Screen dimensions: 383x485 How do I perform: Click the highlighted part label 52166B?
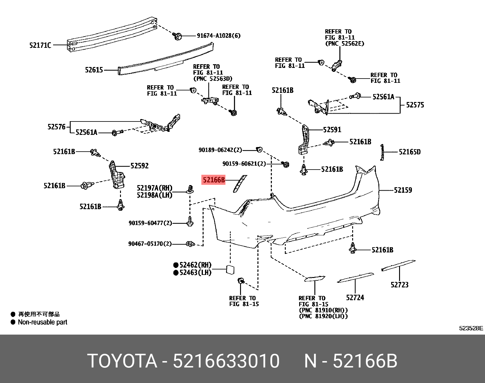(214, 180)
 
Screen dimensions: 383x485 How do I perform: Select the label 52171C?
(40, 45)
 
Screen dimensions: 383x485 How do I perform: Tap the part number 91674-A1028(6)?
(218, 36)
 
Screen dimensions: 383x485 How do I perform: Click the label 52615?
(94, 70)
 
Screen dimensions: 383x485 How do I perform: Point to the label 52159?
(403, 190)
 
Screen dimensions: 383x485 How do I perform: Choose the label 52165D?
(409, 152)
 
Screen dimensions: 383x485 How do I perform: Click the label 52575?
(415, 105)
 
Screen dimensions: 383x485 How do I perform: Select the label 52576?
(56, 127)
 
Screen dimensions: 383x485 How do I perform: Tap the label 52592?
(140, 166)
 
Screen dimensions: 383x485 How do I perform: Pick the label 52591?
(332, 130)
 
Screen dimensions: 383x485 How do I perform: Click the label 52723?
(399, 285)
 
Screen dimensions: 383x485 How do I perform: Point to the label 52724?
(355, 298)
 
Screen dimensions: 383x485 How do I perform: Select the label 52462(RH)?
(195, 265)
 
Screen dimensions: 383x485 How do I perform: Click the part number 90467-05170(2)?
(150, 244)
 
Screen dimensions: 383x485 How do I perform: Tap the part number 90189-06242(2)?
(220, 150)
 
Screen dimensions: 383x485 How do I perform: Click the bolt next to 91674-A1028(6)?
(177, 36)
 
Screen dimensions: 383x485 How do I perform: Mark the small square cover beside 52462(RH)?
(230, 269)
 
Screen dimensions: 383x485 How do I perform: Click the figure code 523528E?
(471, 328)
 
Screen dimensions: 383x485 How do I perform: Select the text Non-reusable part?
(42, 322)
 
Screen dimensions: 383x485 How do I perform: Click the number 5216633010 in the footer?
(226, 361)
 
